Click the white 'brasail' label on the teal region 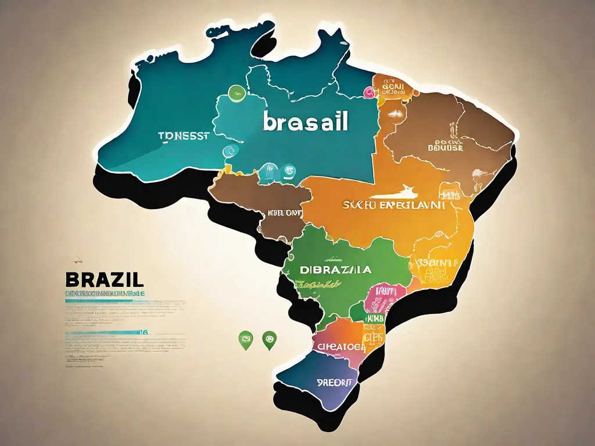point(306,121)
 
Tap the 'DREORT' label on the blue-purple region point(335,383)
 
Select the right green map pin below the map point(268,340)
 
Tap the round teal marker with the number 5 point(288,171)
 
